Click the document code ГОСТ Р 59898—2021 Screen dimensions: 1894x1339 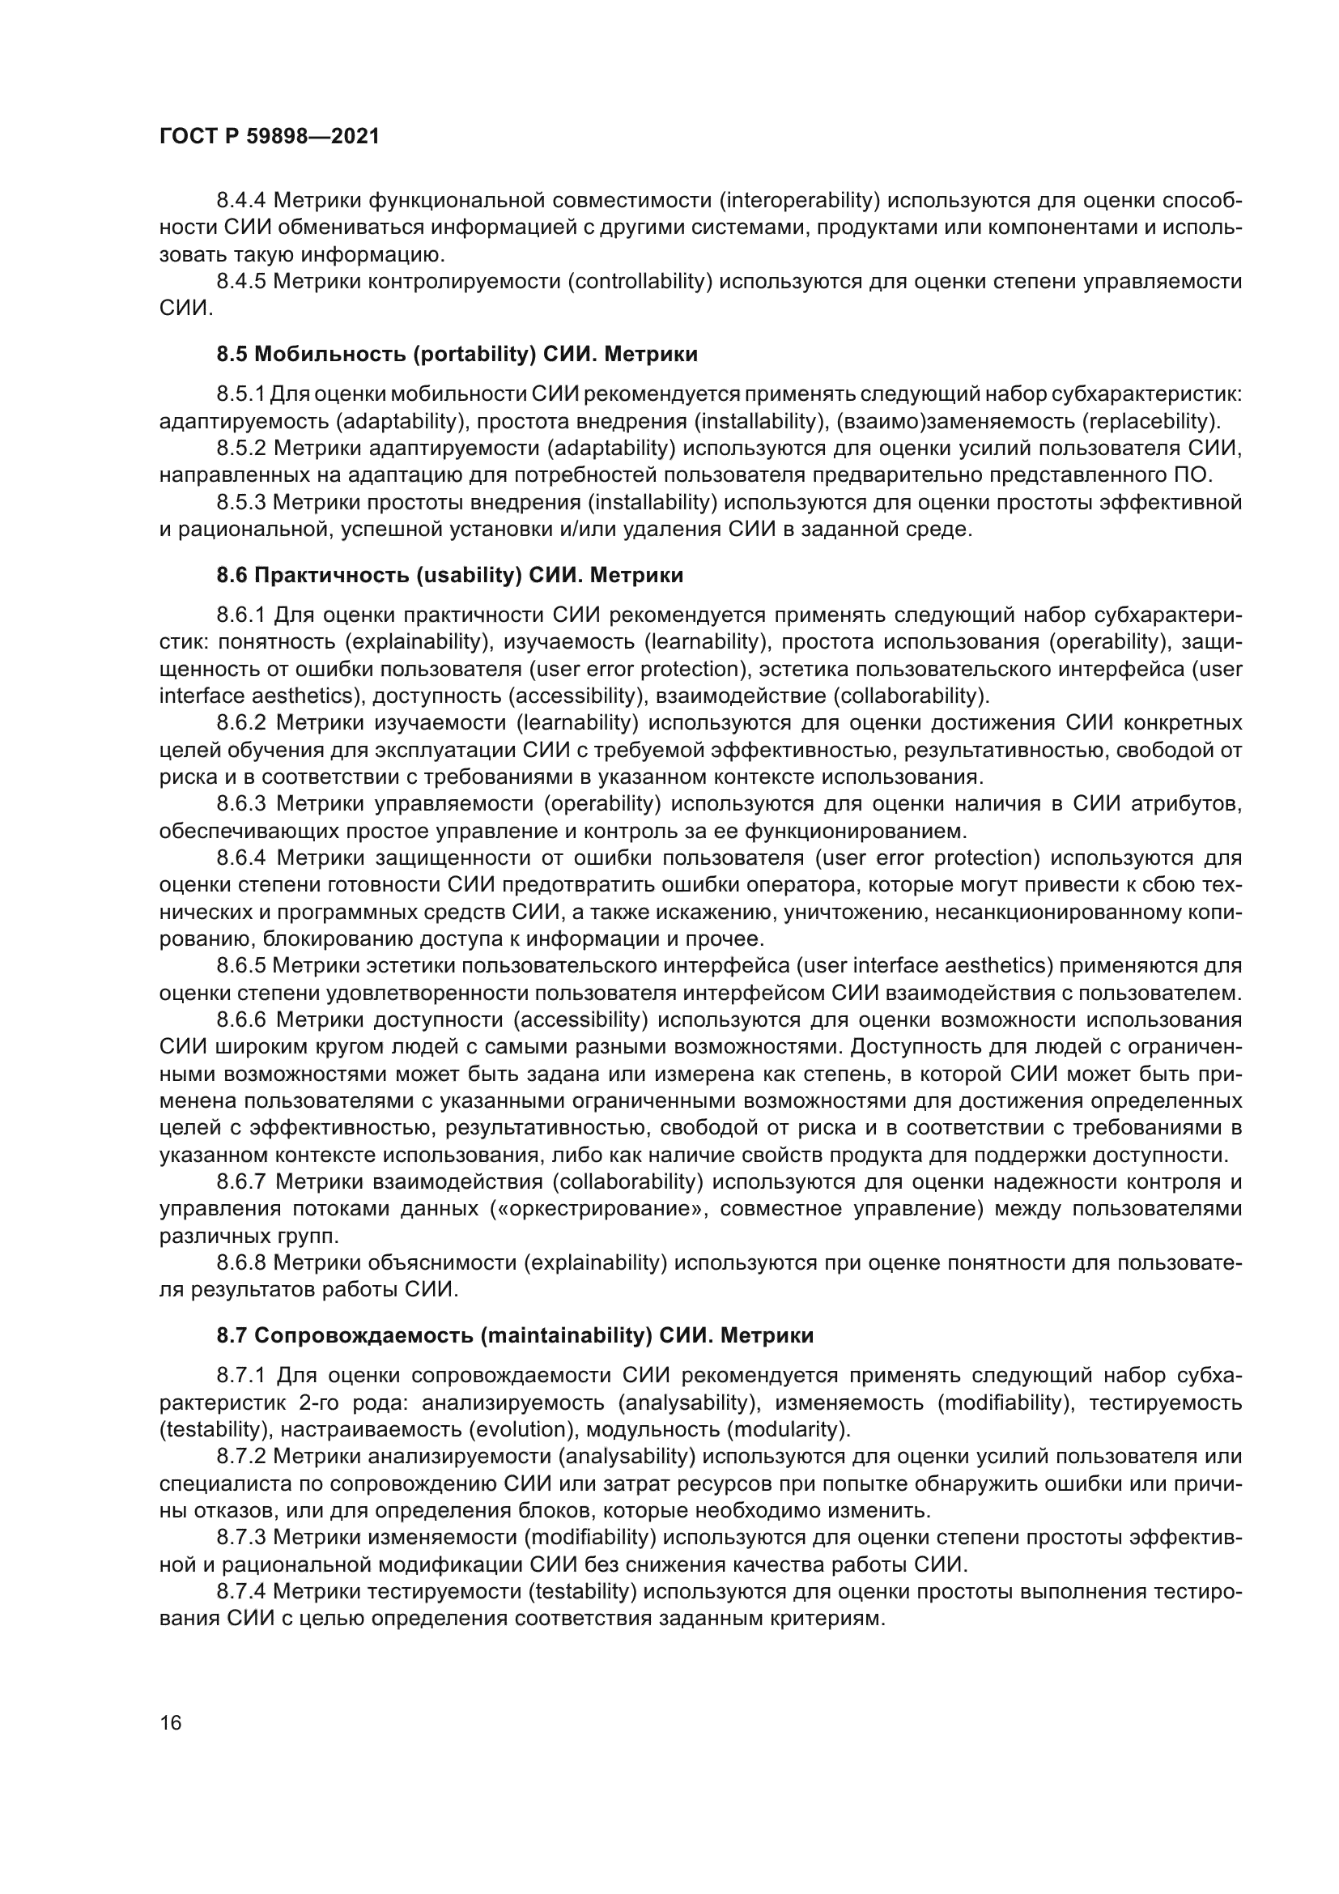coord(269,137)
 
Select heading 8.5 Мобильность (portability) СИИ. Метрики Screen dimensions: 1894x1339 coord(457,354)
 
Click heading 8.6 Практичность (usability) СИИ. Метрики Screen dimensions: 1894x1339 coord(449,575)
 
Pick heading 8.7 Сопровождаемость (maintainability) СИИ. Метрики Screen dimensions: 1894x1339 coord(515,1334)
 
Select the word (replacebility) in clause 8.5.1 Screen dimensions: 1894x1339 coord(1150,422)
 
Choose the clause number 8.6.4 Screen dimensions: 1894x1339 coord(241,858)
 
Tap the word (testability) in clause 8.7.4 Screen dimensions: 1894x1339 coord(581,1591)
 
